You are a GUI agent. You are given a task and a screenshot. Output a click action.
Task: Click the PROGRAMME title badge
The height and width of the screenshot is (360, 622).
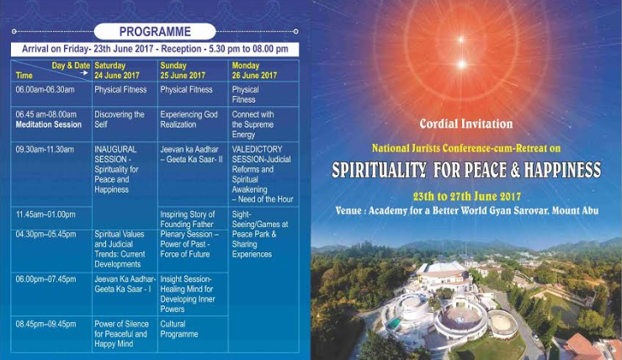click(x=155, y=31)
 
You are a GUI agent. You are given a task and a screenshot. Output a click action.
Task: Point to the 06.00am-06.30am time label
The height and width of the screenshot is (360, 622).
click(x=45, y=90)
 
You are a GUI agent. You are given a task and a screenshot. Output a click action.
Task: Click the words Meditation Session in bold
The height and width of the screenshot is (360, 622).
click(x=49, y=124)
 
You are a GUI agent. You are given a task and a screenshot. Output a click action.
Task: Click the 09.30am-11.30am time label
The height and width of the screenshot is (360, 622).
click(x=45, y=150)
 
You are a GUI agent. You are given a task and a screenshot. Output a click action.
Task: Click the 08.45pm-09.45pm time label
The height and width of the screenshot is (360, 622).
click(x=46, y=325)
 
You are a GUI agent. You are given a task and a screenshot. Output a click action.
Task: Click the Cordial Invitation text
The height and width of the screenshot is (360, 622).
click(x=466, y=124)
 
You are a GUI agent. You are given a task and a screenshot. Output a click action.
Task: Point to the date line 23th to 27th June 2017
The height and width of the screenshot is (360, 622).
click(x=467, y=196)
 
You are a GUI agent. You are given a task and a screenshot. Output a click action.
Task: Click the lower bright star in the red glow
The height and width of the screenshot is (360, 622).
click(x=462, y=64)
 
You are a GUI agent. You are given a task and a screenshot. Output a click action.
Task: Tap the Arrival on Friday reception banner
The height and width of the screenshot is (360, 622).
click(x=155, y=49)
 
